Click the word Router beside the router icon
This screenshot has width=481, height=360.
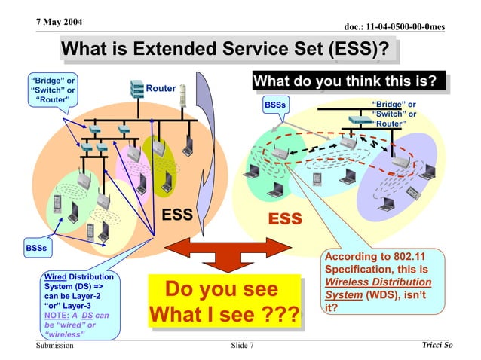point(161,89)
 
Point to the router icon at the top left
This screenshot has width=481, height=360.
point(136,88)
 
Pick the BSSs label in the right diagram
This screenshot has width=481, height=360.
point(274,105)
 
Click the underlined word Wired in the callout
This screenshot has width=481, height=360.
point(57,276)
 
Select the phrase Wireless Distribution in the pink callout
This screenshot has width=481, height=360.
point(378,282)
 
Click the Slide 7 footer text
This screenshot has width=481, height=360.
point(242,346)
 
